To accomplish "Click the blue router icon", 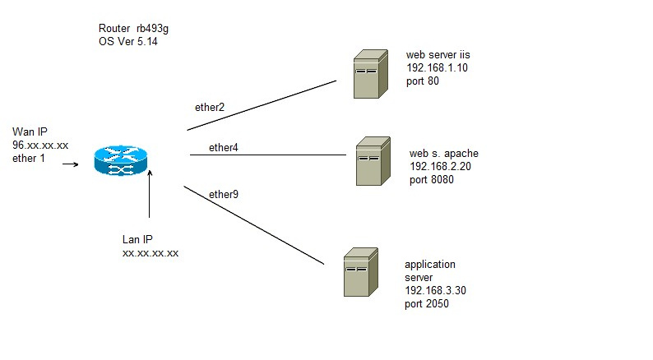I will coord(120,160).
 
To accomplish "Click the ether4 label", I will coord(223,148).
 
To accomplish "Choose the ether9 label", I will coord(224,195).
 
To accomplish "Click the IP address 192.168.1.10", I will coord(436,69).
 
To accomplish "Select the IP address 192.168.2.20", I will coord(440,166).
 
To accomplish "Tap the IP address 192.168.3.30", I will coord(435,291).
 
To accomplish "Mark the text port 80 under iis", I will coord(425,82).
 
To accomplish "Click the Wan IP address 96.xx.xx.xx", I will coord(39,145).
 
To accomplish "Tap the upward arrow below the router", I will coord(150,194).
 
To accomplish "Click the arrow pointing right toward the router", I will coord(72,164).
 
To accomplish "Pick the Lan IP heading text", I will coord(137,239).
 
